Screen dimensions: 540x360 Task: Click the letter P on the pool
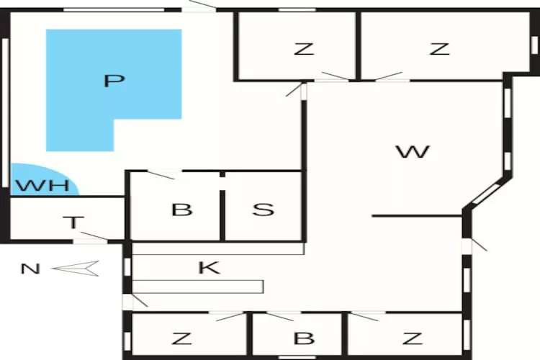[114, 81]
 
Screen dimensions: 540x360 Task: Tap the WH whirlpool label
[43, 186]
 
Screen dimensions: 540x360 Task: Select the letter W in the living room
[413, 152]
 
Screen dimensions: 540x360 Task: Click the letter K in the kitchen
[210, 268]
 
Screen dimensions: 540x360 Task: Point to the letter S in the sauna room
[264, 210]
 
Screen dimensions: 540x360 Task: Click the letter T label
[73, 222]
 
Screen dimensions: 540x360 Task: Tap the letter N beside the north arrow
[31, 269]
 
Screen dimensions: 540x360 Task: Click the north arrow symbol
[76, 269]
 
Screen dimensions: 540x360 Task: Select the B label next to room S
[182, 210]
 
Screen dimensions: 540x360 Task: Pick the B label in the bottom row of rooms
[304, 338]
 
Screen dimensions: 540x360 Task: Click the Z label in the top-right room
[439, 48]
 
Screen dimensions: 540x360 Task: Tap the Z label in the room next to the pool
[304, 48]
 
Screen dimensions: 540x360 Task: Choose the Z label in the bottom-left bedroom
[181, 338]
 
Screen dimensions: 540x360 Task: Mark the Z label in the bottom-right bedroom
[413, 338]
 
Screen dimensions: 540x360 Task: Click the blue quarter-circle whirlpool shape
[44, 179]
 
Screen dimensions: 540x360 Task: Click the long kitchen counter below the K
[198, 287]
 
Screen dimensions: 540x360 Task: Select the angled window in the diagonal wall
[486, 194]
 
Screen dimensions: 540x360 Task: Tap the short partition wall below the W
[417, 216]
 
